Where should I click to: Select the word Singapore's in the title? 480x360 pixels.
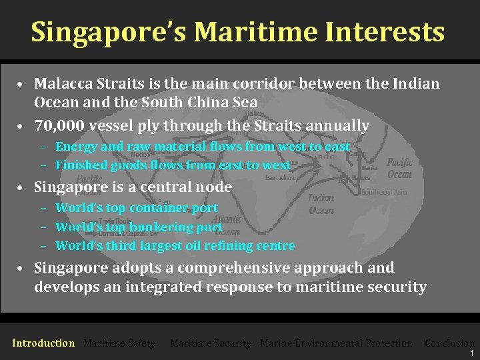(x=107, y=31)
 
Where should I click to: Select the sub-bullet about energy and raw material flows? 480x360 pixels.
(x=202, y=146)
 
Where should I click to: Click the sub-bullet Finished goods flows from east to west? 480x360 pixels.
(x=173, y=165)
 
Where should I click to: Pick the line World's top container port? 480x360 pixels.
(x=136, y=207)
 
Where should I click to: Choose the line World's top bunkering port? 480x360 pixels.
(x=139, y=227)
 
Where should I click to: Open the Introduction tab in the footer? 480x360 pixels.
(x=43, y=343)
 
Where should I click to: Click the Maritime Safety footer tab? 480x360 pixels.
(x=119, y=343)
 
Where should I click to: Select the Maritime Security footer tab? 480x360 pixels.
(x=210, y=343)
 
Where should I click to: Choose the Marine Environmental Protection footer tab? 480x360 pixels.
(x=336, y=343)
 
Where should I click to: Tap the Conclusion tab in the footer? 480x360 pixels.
(x=449, y=343)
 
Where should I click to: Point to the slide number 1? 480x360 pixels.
(x=471, y=353)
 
